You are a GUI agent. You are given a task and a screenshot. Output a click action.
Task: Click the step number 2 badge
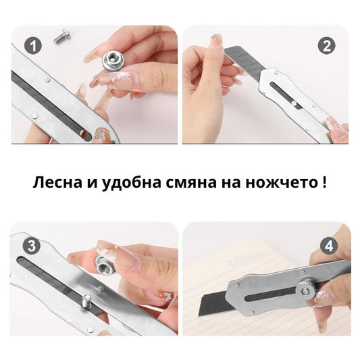point(328,46)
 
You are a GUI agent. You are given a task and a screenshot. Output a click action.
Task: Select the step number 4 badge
point(328,245)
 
